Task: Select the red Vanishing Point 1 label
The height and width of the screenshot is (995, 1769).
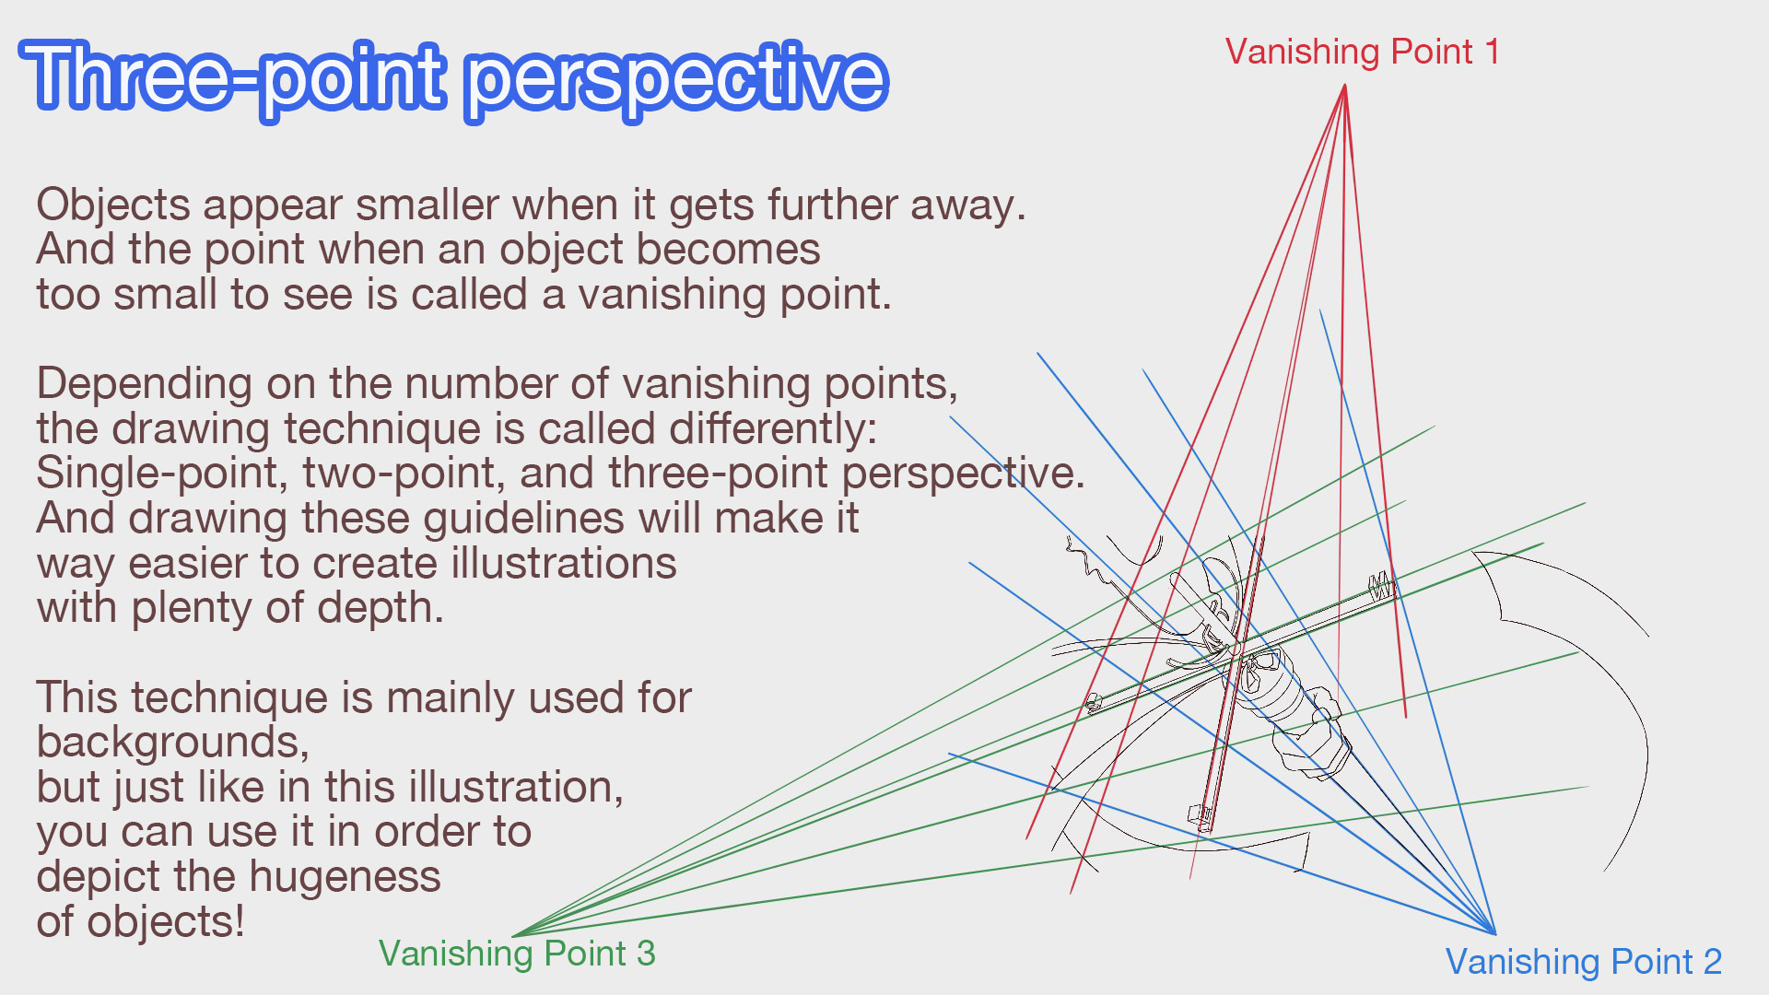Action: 1362,52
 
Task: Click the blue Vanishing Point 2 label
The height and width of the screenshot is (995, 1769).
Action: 1583,962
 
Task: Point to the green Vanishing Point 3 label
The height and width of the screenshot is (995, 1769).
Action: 517,954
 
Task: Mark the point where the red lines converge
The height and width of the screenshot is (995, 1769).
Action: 1345,86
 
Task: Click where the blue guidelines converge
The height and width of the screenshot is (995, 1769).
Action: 1494,933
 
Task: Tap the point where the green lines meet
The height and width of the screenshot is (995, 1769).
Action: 514,934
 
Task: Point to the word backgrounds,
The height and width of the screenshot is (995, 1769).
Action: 173,743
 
